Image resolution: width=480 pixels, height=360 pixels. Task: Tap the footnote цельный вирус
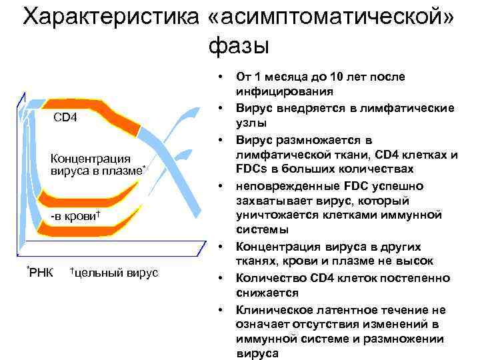click(x=114, y=273)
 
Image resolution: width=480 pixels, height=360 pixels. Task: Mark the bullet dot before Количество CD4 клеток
click(x=220, y=277)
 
